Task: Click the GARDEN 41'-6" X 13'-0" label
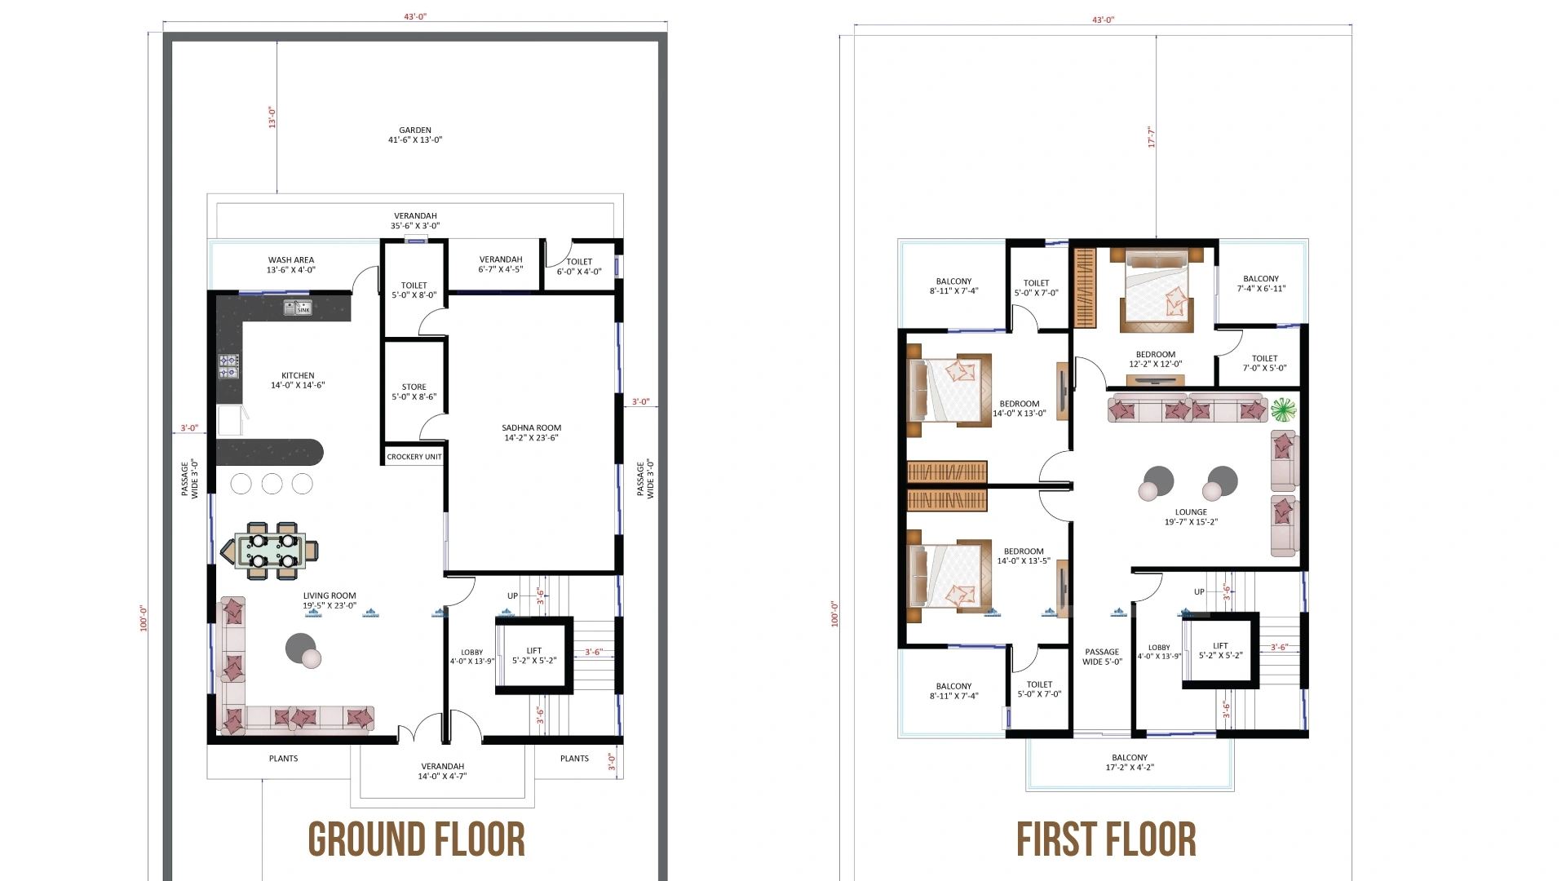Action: pos(415,135)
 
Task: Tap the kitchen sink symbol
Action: pos(297,308)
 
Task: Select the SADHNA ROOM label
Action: pos(531,432)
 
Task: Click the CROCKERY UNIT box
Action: pos(414,457)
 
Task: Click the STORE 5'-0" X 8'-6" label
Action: pos(414,392)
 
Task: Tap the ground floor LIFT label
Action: pos(534,656)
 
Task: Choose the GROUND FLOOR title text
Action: pos(416,840)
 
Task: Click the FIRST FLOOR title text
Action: pos(1106,840)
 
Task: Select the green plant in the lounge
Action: pos(1283,409)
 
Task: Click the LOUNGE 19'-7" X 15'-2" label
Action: pos(1191,517)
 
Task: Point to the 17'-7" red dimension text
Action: pos(1151,136)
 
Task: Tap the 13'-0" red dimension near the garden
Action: pos(272,117)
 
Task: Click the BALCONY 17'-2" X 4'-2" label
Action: pos(1130,762)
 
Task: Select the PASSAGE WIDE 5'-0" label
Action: pos(1102,657)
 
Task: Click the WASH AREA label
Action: pos(291,264)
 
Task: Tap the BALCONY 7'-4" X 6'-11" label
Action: pos(1261,283)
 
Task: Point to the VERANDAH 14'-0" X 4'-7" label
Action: pos(442,771)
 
